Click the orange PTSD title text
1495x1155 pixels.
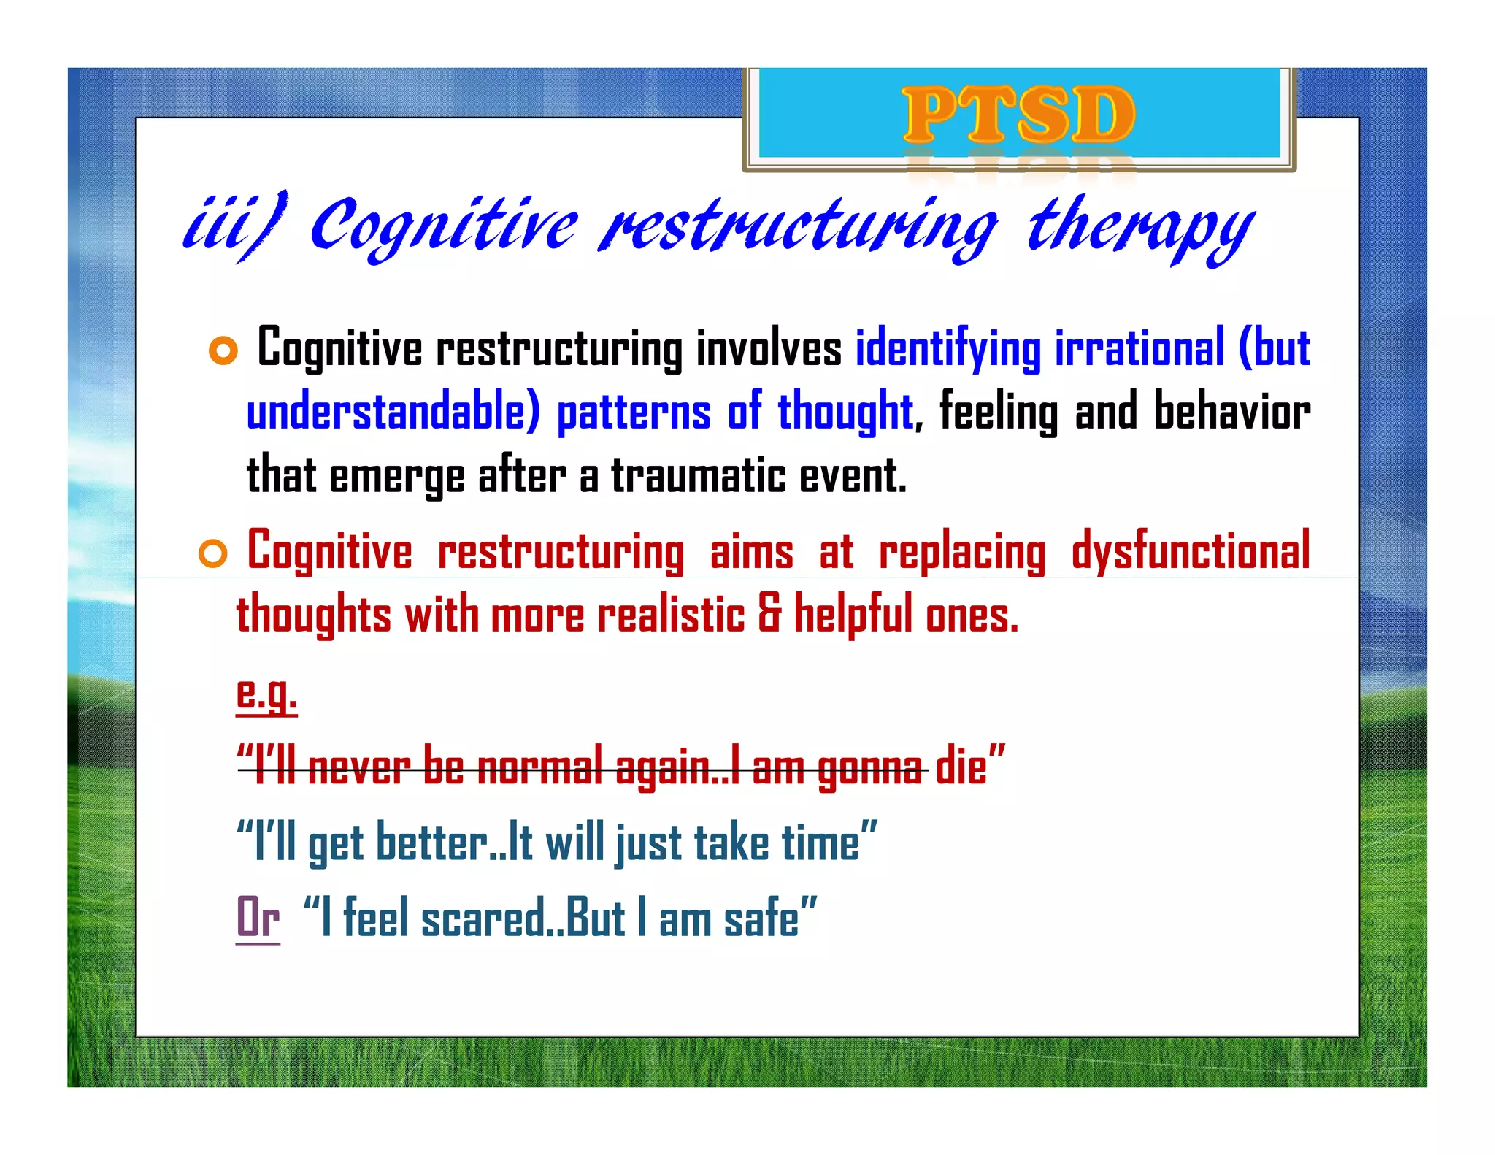click(x=1018, y=115)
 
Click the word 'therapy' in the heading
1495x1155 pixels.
click(x=1140, y=227)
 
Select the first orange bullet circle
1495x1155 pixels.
click(x=223, y=351)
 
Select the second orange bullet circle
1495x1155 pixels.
click(x=213, y=554)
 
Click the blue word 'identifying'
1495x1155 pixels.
click(x=948, y=349)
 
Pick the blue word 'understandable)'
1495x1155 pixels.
click(x=393, y=412)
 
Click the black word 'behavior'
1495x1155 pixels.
click(x=1231, y=412)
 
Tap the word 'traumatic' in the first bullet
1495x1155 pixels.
click(x=699, y=476)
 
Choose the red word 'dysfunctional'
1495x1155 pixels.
click(x=1190, y=552)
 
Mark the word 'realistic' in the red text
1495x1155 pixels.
click(x=671, y=615)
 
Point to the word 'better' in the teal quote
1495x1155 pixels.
click(x=431, y=843)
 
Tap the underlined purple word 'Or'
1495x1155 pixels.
click(x=258, y=918)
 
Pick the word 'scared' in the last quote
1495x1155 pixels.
click(x=483, y=918)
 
